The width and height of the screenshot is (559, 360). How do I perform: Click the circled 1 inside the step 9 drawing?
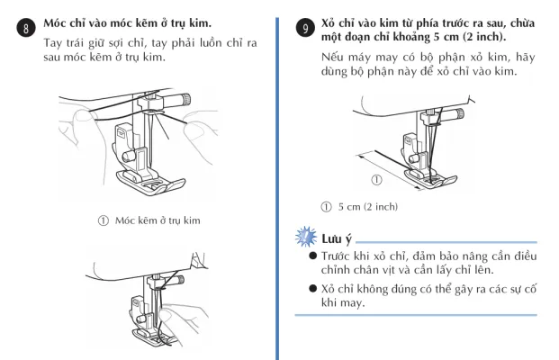375,178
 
